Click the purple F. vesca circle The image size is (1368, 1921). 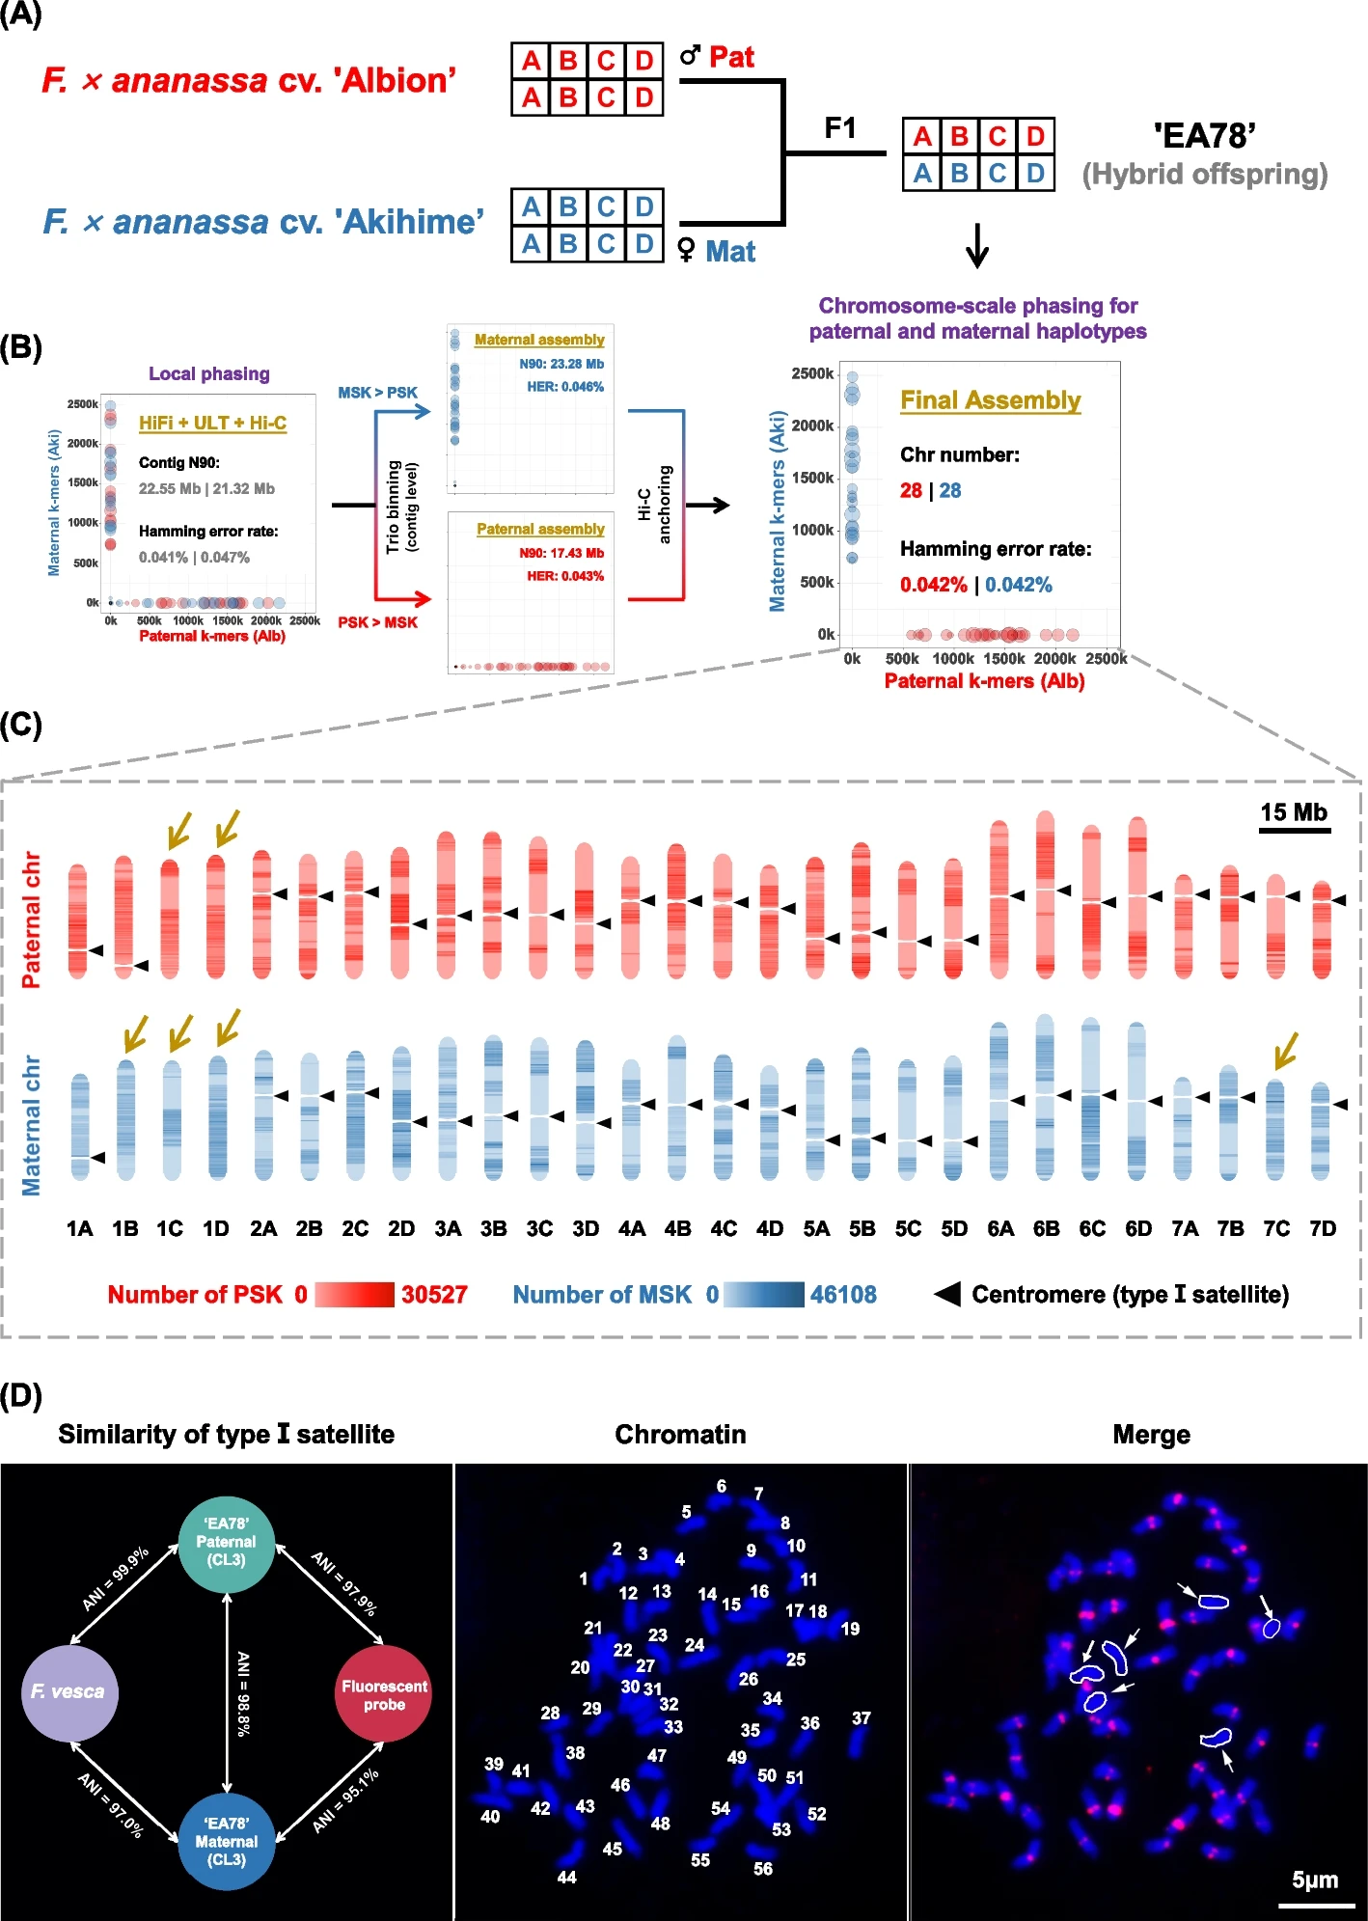point(68,1692)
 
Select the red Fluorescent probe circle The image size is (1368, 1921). point(383,1694)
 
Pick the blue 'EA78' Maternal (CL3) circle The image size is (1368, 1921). point(226,1841)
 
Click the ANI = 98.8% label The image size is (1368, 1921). point(243,1693)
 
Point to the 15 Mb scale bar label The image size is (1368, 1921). point(1294,812)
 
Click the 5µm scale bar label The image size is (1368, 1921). point(1315,1880)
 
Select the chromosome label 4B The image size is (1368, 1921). point(677,1228)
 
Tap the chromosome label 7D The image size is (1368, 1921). point(1322,1228)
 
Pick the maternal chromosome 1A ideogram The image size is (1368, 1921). point(80,1126)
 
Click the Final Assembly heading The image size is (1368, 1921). point(990,400)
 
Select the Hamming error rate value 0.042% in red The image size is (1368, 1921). point(933,585)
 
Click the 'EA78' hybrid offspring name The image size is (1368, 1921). point(1204,136)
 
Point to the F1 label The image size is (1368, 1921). point(839,127)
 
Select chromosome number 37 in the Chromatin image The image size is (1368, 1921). point(861,1718)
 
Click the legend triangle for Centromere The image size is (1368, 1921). point(946,1294)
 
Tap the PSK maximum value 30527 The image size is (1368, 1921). point(434,1295)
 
